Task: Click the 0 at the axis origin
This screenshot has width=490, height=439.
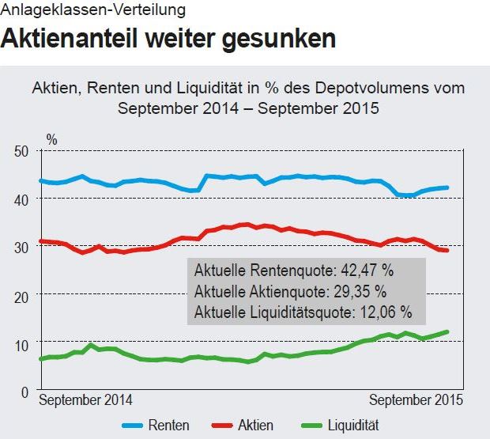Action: [25, 392]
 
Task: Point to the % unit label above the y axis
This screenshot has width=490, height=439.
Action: [51, 138]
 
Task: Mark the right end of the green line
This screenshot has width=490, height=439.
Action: [448, 331]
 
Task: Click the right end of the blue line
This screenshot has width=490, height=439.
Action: [448, 187]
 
